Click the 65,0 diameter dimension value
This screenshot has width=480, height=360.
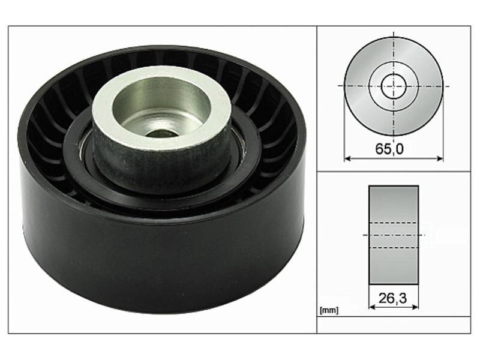(394, 149)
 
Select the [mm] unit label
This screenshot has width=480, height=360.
(329, 310)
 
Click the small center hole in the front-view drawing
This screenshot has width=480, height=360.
(394, 85)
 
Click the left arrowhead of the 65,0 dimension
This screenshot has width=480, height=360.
(347, 159)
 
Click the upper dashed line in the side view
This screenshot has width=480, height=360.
(394, 223)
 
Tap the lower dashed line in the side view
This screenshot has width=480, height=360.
(394, 247)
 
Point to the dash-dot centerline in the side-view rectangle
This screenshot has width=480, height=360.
(394, 235)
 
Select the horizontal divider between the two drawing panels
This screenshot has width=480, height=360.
(396, 172)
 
